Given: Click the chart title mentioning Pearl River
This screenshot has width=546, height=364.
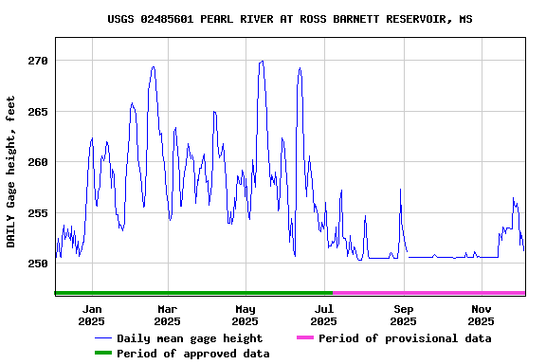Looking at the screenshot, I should pyautogui.click(x=290, y=19).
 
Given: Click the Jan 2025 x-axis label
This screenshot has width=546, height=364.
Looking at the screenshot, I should pyautogui.click(x=92, y=315).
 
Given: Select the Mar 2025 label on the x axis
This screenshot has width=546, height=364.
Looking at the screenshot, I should pyautogui.click(x=167, y=315).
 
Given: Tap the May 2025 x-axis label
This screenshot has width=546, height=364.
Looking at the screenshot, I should pyautogui.click(x=246, y=315).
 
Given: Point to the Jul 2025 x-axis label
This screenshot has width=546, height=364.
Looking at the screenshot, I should pyautogui.click(x=324, y=315).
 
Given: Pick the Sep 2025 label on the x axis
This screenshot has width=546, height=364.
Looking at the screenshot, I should pyautogui.click(x=403, y=315).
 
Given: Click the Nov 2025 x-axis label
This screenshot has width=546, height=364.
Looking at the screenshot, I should pyautogui.click(x=482, y=315).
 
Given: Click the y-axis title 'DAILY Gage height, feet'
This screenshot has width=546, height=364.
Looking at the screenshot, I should pyautogui.click(x=11, y=172).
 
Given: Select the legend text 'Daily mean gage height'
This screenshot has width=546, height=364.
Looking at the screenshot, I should pyautogui.click(x=190, y=338).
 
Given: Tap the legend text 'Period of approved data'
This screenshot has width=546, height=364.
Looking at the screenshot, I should pyautogui.click(x=193, y=354).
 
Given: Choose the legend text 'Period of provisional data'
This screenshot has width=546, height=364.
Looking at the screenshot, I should pyautogui.click(x=405, y=338).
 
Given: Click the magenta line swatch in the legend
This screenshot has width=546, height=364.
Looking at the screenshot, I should pyautogui.click(x=304, y=338).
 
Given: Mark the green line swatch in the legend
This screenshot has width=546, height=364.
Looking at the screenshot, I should pyautogui.click(x=102, y=354).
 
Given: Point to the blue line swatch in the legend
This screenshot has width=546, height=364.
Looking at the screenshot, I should pyautogui.click(x=102, y=338).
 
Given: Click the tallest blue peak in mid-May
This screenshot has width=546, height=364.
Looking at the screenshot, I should pyautogui.click(x=262, y=62).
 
